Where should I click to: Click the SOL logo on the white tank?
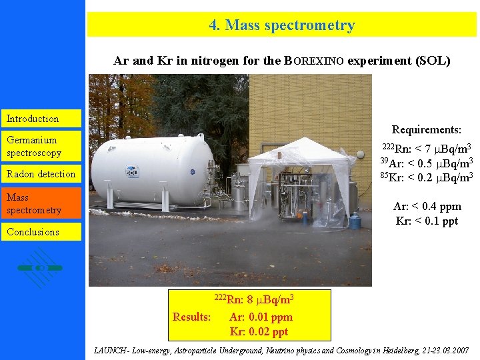tap(132, 172)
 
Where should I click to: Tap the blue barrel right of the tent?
tap(355, 221)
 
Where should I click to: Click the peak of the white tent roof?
tap(303, 139)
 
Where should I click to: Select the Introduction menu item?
tap(33, 119)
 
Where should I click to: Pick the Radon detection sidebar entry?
tap(41, 174)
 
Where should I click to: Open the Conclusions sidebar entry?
tap(33, 232)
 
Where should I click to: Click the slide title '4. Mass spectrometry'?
tap(282, 25)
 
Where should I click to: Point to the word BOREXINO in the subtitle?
tap(314, 61)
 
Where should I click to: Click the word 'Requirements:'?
tap(426, 130)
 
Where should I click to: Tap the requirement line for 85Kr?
tap(426, 177)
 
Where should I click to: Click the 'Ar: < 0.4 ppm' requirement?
tap(427, 207)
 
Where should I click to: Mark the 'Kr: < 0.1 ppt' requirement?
tap(427, 221)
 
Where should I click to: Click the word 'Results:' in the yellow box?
tap(192, 317)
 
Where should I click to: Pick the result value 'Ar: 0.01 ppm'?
tap(261, 317)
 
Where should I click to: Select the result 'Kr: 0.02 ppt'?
tap(259, 331)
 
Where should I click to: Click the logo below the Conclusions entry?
tap(41, 267)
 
